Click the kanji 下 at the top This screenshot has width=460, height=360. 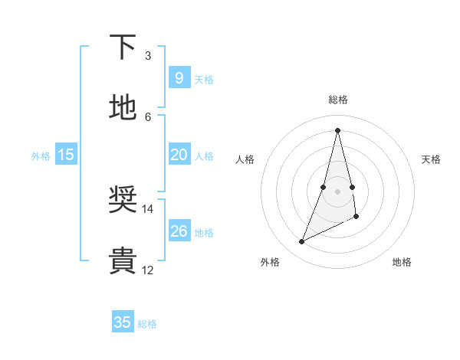(x=123, y=47)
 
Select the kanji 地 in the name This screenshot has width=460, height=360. (x=123, y=107)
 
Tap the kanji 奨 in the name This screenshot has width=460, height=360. (x=123, y=200)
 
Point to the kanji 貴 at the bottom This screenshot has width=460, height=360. (x=123, y=260)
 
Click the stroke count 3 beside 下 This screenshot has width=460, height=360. (x=148, y=56)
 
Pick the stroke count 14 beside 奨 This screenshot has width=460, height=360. (x=147, y=208)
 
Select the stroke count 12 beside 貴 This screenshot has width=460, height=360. (x=147, y=270)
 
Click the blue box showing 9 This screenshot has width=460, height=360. (x=179, y=78)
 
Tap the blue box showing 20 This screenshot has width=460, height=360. (x=179, y=155)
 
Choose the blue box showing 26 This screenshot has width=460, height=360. (x=179, y=231)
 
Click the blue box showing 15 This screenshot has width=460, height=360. (x=66, y=155)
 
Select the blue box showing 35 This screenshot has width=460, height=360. (x=123, y=322)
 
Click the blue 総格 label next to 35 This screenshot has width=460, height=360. (x=147, y=324)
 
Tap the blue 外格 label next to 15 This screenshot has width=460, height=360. (x=41, y=156)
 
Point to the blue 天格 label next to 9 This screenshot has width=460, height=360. (x=204, y=80)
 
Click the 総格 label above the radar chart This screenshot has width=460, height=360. (x=337, y=100)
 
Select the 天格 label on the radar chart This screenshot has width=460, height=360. (x=431, y=159)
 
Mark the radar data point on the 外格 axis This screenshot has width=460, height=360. (x=301, y=242)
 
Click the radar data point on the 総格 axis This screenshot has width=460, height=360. (x=337, y=130)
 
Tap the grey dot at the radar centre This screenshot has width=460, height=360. (x=337, y=191)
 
